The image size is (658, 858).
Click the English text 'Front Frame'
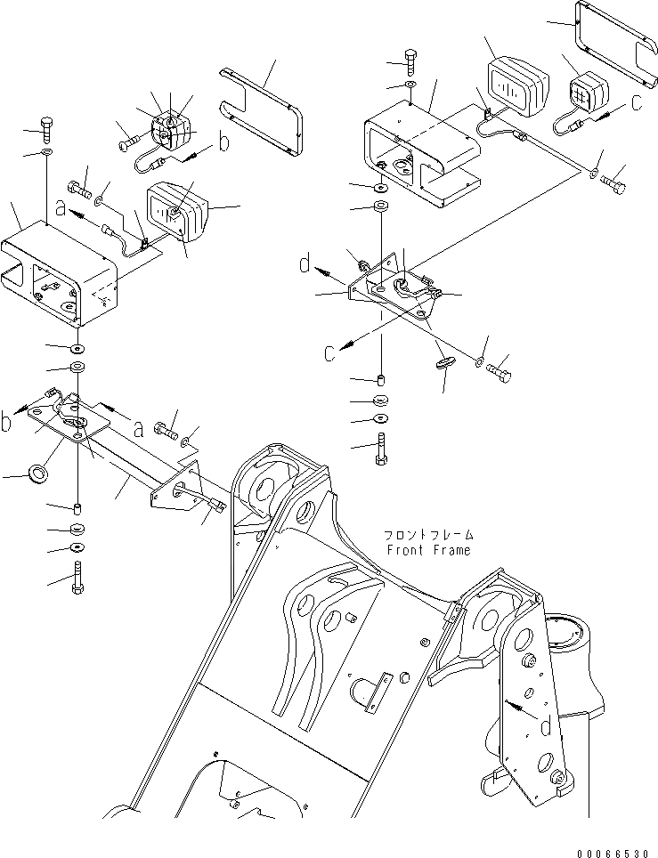point(429,550)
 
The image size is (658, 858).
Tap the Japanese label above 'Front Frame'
point(428,536)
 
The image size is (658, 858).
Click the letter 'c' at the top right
point(635,102)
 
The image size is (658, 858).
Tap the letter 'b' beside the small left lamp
point(224,142)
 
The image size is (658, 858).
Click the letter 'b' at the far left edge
point(7,422)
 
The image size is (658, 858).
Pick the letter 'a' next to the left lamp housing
point(61,209)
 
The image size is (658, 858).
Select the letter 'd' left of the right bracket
point(305,263)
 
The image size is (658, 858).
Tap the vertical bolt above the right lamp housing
point(409,60)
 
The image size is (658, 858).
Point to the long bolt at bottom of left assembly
point(78,576)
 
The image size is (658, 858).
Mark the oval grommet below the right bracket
point(445,363)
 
